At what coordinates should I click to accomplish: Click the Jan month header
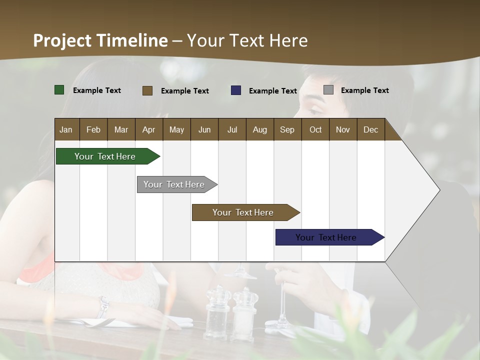[66, 129]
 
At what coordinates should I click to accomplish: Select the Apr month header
[148, 129]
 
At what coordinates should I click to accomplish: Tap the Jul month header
[232, 129]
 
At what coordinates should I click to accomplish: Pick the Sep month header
[287, 129]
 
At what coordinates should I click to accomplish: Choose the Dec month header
[370, 129]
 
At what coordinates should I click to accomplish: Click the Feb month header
[93, 129]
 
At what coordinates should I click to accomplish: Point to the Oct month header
[315, 129]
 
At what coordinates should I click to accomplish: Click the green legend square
[59, 90]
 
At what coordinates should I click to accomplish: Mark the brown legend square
[147, 90]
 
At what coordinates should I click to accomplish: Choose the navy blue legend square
[236, 90]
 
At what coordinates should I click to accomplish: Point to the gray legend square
[328, 90]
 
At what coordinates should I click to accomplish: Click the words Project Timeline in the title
[100, 40]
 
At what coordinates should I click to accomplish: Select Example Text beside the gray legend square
[364, 90]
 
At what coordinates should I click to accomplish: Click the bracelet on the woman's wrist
[103, 306]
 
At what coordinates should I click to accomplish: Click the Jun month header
[204, 129]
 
